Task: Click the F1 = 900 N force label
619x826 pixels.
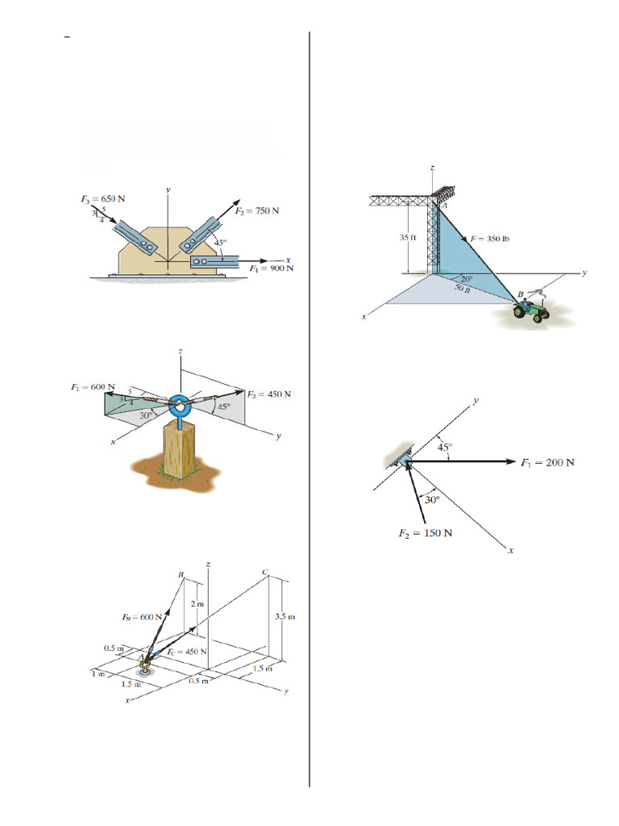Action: pos(272,269)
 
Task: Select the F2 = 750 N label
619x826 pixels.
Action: pos(257,211)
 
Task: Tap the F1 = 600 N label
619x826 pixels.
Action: pos(92,386)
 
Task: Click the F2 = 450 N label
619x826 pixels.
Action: pos(268,394)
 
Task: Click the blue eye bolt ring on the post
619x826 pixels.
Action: pos(181,405)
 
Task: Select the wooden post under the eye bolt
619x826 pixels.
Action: pos(180,450)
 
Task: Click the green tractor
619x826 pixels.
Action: pos(532,311)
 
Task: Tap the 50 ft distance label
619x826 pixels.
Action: pos(463,287)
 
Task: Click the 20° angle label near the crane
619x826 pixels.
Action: pos(467,278)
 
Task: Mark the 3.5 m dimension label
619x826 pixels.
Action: pos(286,617)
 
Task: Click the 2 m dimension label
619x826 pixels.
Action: pos(197,604)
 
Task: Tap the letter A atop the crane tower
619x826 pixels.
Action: pos(442,206)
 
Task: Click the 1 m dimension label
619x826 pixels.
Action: pos(98,674)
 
